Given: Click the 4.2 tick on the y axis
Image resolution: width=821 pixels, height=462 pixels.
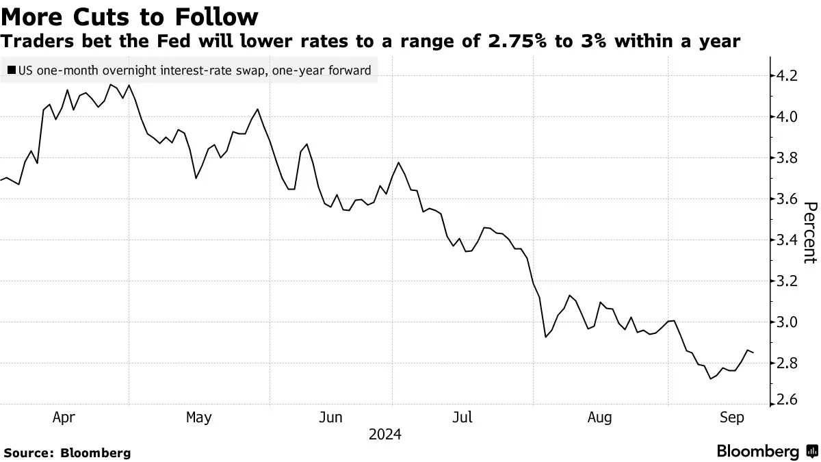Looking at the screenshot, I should coord(784,76).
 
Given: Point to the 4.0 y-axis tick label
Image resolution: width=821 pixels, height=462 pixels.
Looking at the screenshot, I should coord(784,117).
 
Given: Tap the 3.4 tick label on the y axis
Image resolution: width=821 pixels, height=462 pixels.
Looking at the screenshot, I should coord(784,240).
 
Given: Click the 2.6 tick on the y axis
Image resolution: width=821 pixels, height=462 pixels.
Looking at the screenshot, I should coord(784,400).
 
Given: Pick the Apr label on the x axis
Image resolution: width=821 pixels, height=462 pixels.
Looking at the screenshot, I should coord(64,417).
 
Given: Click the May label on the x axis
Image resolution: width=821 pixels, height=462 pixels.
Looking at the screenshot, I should coord(198,417).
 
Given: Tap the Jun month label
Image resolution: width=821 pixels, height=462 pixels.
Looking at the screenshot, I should coord(331,417).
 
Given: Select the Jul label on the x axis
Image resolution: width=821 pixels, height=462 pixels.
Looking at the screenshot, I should coord(463,417).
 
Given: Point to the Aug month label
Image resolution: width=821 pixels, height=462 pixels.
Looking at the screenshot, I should coord(600,417).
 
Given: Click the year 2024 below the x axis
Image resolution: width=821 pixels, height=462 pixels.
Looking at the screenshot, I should coord(385,435).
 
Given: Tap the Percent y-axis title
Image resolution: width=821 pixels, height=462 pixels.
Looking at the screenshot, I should coord(810,233).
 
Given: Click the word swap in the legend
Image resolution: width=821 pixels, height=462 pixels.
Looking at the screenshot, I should coord(242,70).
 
